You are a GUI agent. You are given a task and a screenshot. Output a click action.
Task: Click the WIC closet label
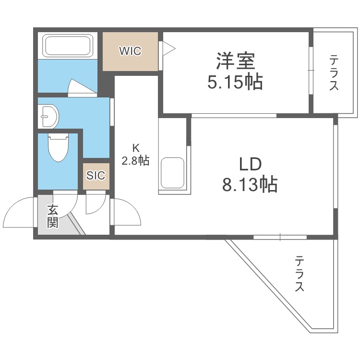(131, 51)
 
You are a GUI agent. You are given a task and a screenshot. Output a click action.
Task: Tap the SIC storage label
(96, 176)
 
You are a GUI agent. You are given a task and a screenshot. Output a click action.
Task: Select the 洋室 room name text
(235, 62)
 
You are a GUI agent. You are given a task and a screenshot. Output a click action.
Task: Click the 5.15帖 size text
(235, 83)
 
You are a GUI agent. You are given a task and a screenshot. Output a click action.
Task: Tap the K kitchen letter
(135, 148)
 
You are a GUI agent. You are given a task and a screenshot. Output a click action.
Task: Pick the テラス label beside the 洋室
(334, 73)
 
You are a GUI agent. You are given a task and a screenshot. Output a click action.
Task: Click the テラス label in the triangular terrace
(300, 274)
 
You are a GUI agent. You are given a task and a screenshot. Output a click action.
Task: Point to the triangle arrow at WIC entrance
(168, 48)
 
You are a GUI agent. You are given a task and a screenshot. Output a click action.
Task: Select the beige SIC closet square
(96, 176)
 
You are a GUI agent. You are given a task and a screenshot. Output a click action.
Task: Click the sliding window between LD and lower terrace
(280, 237)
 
